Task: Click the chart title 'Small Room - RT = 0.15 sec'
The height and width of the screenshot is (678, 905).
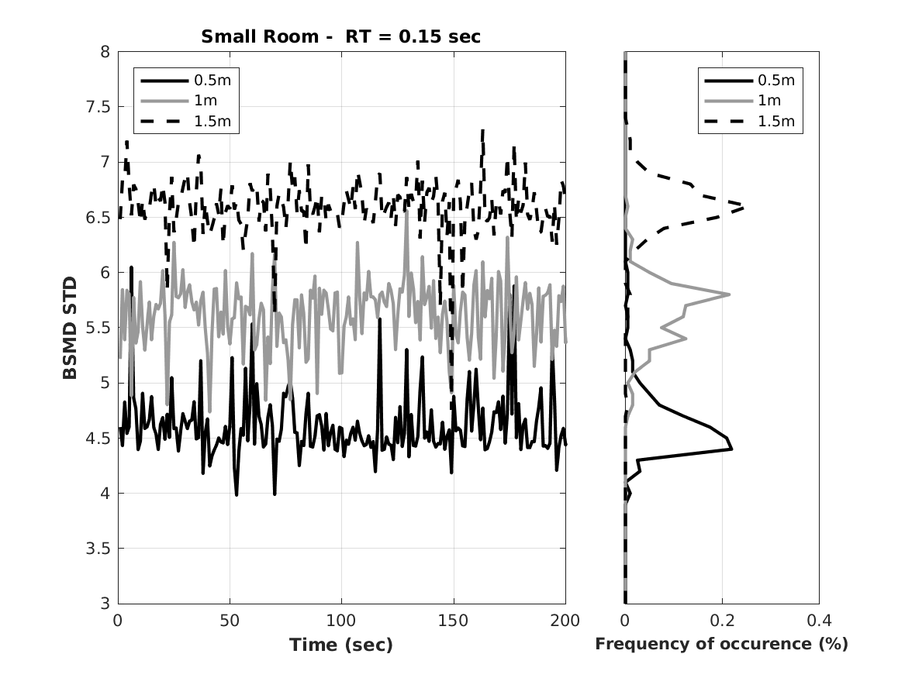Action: pos(340,36)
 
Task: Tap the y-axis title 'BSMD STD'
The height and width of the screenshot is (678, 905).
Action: pos(71,328)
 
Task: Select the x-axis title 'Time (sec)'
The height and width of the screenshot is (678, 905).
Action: pos(341,645)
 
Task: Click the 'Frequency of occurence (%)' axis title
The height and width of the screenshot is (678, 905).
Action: pos(721,645)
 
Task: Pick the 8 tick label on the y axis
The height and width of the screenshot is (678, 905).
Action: pos(105,52)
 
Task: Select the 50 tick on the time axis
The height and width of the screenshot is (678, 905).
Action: pos(230,621)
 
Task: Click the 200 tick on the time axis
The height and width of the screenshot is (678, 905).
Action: pos(565,621)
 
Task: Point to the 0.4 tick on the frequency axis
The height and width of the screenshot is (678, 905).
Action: pos(819,621)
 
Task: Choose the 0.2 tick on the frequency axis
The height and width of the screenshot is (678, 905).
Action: pos(722,621)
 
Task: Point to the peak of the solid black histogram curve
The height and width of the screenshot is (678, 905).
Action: pos(731,448)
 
